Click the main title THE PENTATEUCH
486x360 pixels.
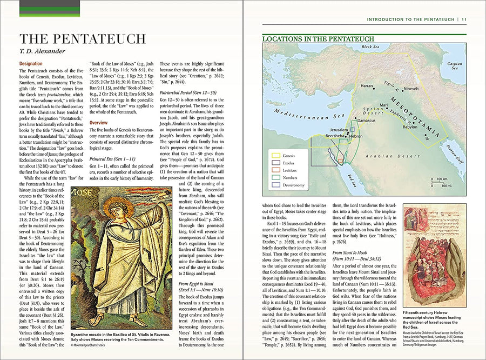82,39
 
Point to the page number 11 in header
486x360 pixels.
464,19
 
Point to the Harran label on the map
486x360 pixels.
367,86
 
